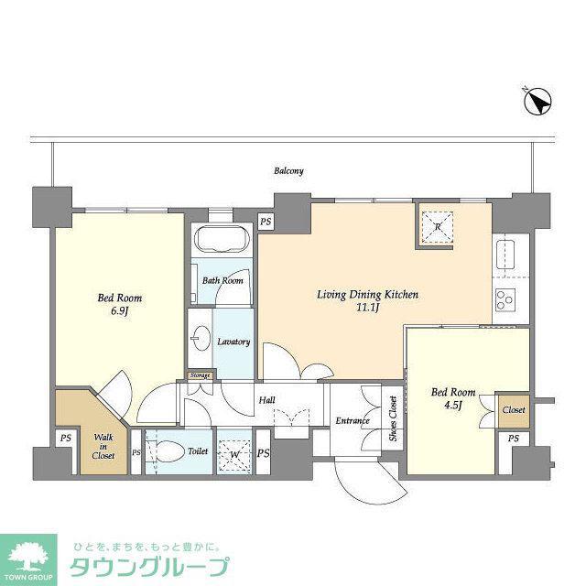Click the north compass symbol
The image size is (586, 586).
point(537,101)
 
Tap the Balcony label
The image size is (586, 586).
point(288,171)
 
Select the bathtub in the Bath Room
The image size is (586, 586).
point(222,240)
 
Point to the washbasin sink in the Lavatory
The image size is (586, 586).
point(201,339)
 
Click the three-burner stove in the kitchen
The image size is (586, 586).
point(505,300)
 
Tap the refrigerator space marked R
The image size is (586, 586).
point(438,227)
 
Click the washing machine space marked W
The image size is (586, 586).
point(234,455)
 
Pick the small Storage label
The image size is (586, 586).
point(200,375)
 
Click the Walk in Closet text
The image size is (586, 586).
point(103,446)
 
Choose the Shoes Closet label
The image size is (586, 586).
point(393,418)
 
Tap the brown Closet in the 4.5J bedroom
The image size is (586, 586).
point(514,411)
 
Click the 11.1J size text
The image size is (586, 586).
point(368,309)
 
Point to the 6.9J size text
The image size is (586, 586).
point(120,311)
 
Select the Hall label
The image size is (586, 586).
point(266,400)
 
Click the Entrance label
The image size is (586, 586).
point(352,421)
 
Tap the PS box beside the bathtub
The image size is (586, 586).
point(266,222)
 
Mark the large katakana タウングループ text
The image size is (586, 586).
point(149,568)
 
